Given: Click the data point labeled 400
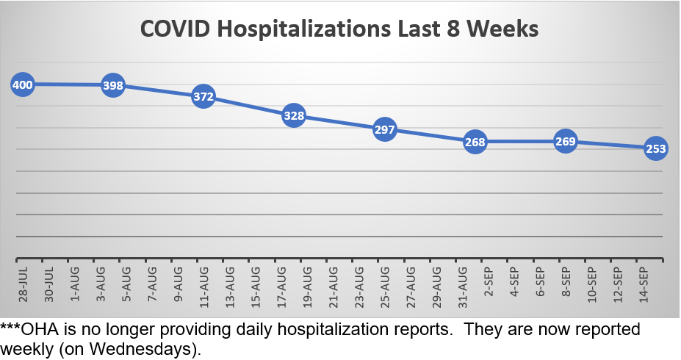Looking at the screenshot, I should click(23, 84).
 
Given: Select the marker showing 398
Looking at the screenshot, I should click(112, 86).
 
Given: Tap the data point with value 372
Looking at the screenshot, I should click(203, 96).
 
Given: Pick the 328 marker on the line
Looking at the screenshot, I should click(293, 115).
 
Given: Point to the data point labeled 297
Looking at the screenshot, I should click(384, 129).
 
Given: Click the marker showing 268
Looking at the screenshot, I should click(475, 142).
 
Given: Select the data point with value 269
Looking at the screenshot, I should click(565, 141).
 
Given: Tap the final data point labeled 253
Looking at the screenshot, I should click(655, 148).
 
